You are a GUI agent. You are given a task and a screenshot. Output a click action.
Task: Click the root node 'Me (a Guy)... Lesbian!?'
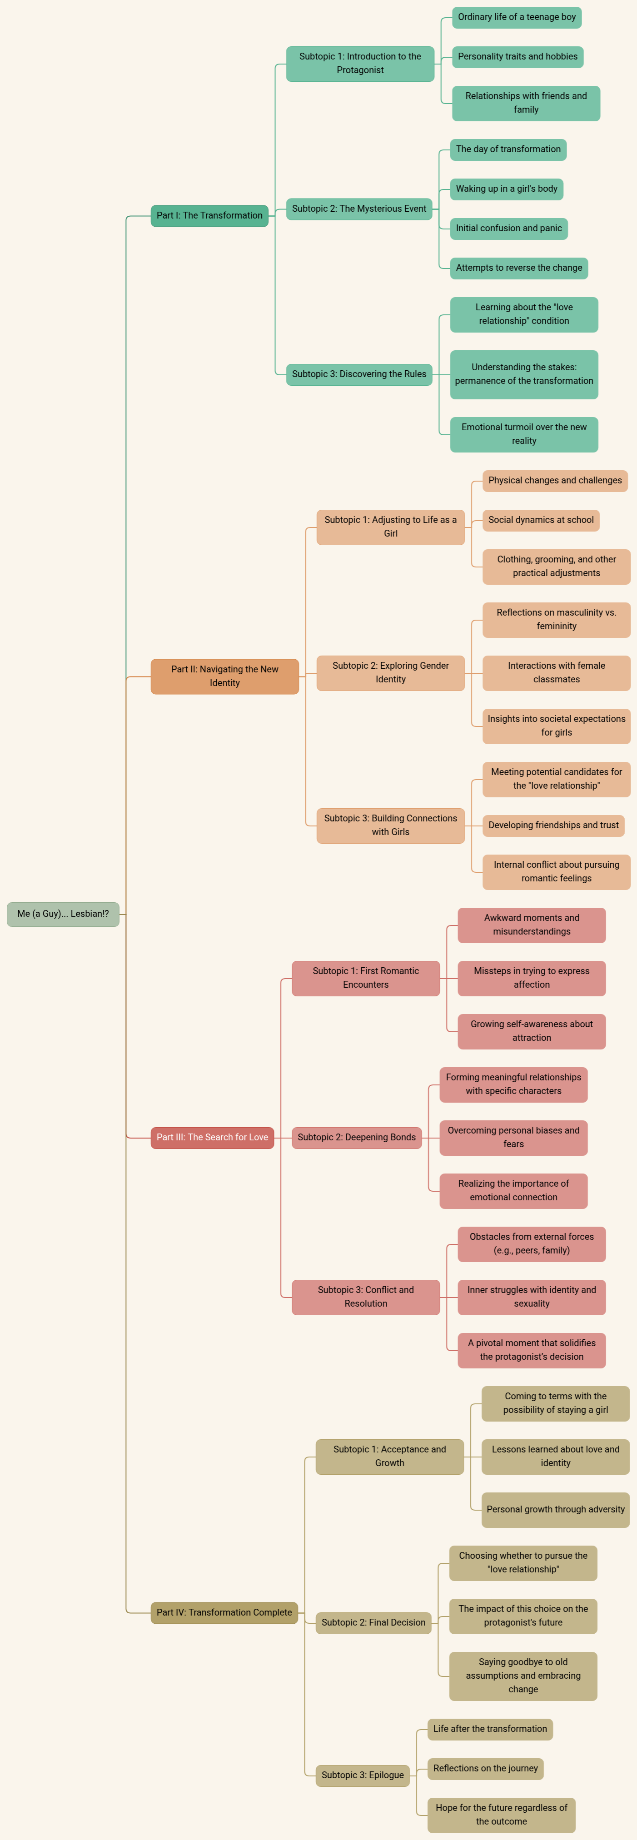coord(63,914)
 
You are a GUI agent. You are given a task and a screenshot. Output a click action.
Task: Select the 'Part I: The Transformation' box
coord(209,216)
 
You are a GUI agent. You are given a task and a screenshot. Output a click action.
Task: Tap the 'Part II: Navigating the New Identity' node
coord(224,676)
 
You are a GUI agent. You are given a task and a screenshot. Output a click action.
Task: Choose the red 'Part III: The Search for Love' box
coord(212,1137)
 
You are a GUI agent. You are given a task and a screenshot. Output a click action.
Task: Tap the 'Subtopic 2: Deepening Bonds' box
coord(356,1137)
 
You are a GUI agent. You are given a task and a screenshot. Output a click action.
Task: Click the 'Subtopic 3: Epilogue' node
coord(362,1775)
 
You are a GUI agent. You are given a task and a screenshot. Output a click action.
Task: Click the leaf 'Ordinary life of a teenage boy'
coord(516,17)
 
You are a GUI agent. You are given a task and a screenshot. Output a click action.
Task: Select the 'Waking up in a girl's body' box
coord(506,189)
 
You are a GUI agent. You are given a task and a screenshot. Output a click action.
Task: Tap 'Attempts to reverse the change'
coord(518,268)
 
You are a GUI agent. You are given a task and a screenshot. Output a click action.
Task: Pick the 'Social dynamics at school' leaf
coord(541,520)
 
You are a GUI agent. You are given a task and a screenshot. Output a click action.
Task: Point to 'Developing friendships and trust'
coord(553,825)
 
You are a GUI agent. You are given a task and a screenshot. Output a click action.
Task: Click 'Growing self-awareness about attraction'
coord(531,1031)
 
